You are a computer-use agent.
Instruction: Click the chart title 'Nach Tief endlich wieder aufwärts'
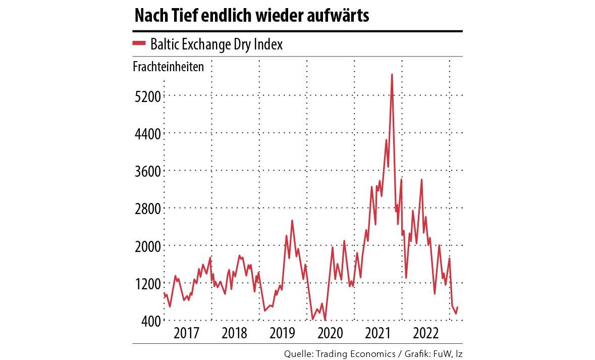[251, 17]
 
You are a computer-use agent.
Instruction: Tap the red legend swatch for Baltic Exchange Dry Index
[139, 44]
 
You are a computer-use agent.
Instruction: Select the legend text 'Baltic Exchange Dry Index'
[217, 44]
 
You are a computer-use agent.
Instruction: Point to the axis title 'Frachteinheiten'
[169, 67]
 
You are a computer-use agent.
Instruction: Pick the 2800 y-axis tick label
[147, 208]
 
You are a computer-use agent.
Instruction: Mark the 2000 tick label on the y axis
[147, 245]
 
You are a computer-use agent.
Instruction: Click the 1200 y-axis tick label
[147, 283]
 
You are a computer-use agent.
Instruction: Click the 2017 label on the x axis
[187, 334]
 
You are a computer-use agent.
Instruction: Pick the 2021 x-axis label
[378, 334]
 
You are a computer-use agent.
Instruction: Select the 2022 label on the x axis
[425, 334]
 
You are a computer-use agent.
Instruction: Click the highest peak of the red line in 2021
[392, 75]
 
